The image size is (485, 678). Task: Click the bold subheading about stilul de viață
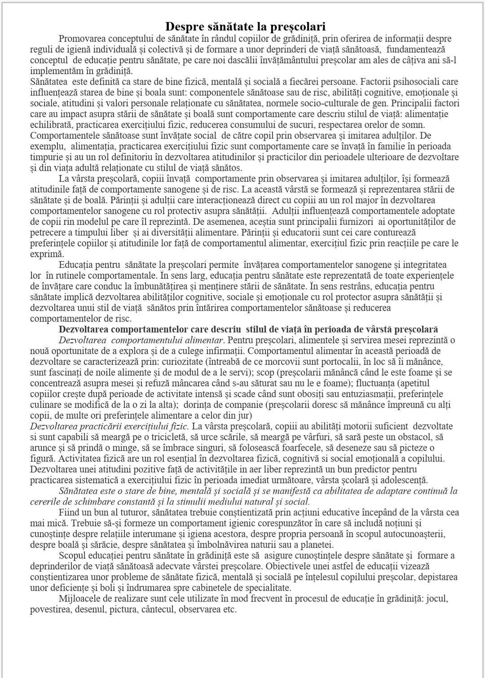[248, 329]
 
